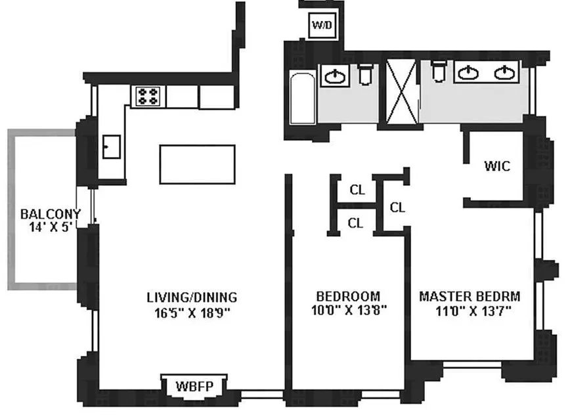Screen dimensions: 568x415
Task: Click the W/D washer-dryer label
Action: click(x=322, y=25)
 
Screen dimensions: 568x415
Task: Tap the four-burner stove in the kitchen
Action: click(x=148, y=96)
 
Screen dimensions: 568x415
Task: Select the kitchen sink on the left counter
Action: click(x=112, y=146)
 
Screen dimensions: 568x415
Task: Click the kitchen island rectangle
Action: click(x=198, y=164)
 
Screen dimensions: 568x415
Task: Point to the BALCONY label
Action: click(x=51, y=214)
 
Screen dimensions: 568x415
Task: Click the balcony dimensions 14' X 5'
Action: click(x=51, y=227)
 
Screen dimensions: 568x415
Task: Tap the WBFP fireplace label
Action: click(x=194, y=386)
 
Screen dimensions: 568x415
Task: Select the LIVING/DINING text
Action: click(x=192, y=297)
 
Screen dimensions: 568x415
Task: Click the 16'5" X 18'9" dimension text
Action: click(x=192, y=313)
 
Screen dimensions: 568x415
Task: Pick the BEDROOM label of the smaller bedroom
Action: click(x=348, y=297)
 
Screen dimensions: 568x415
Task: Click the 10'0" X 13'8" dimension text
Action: click(x=349, y=311)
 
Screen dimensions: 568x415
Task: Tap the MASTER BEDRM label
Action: click(x=470, y=297)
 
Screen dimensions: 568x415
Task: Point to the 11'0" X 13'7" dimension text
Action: click(x=473, y=311)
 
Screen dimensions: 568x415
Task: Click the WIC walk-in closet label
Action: click(x=497, y=166)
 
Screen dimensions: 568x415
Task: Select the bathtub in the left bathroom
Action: click(x=303, y=98)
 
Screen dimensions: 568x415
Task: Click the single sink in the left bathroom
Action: click(x=335, y=76)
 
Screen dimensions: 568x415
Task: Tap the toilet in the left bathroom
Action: click(x=365, y=74)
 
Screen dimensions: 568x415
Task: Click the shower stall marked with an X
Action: click(x=401, y=92)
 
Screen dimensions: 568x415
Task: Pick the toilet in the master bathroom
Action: click(x=439, y=71)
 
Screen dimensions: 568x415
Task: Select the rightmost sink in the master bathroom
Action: click(x=504, y=73)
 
